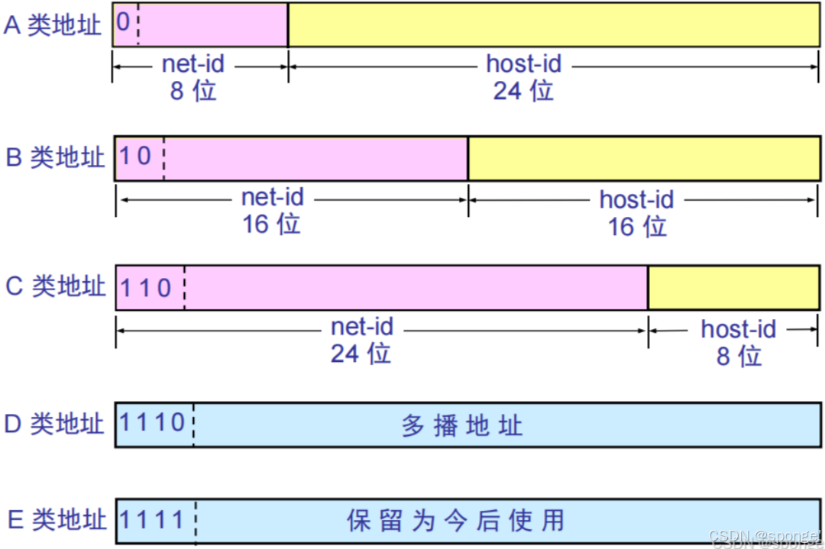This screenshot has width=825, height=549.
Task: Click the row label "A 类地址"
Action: click(x=52, y=25)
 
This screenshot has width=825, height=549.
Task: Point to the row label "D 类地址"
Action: click(x=54, y=424)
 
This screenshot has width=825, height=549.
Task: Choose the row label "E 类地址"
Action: click(x=55, y=520)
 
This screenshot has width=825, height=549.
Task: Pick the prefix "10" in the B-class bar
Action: click(x=136, y=157)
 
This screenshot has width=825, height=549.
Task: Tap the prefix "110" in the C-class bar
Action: click(x=146, y=287)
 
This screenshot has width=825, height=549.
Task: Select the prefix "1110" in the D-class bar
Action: click(x=153, y=422)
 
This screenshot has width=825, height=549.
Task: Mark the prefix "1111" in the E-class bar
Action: click(x=152, y=520)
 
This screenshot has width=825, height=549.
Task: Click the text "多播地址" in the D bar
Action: click(x=461, y=425)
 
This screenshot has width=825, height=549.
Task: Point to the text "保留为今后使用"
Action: click(x=456, y=521)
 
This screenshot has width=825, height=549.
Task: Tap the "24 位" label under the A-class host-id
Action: click(x=523, y=91)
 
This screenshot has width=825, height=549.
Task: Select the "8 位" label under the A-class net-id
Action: click(x=193, y=91)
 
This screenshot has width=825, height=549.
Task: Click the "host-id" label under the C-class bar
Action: click(x=738, y=329)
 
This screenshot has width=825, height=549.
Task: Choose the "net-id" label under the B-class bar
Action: click(x=273, y=197)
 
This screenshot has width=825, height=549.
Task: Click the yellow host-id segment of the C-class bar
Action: click(x=733, y=288)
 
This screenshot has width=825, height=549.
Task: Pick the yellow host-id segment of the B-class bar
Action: click(x=644, y=158)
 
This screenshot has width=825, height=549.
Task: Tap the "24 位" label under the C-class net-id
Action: click(x=361, y=354)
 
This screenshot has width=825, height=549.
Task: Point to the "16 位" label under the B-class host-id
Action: click(x=637, y=225)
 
